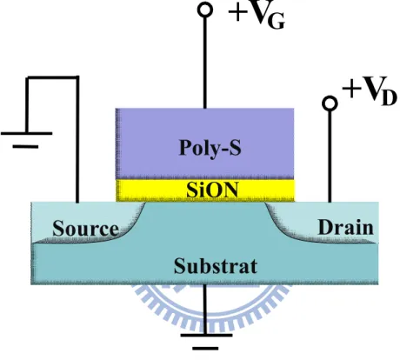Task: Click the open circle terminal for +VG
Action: point(205,10)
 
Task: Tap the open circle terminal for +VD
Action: point(330,103)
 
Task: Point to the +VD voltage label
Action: point(370,90)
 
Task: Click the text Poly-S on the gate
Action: point(210,148)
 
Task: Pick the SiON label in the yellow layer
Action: point(213,190)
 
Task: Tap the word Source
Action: point(85,229)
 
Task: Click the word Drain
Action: point(345,227)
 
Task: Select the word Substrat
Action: point(216,266)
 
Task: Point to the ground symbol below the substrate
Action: point(206,342)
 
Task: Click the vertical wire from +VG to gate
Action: point(205,63)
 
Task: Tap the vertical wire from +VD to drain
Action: point(330,157)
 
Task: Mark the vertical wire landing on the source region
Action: point(77,140)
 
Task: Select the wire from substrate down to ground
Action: point(205,310)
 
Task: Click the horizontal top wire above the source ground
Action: point(52,77)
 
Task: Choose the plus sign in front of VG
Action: point(238,12)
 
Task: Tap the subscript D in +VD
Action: point(390,98)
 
